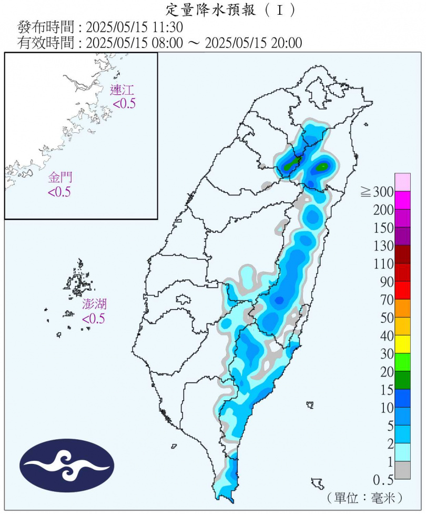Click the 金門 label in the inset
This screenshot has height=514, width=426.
(59, 177)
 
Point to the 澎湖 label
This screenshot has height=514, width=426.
(94, 304)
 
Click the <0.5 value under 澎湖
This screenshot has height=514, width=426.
(93, 319)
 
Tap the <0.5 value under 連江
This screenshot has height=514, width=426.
(124, 104)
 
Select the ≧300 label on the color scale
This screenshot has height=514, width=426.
(377, 192)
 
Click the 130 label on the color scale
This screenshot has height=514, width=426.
(383, 246)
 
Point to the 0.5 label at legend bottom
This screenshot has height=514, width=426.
(384, 480)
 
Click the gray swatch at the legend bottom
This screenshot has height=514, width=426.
(403, 470)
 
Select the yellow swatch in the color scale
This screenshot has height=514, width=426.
(403, 344)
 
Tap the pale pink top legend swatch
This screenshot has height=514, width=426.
(403, 182)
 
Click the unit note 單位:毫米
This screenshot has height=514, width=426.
(364, 497)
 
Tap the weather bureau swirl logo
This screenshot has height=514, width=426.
(67, 465)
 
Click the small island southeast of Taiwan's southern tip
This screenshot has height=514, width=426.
(318, 483)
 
